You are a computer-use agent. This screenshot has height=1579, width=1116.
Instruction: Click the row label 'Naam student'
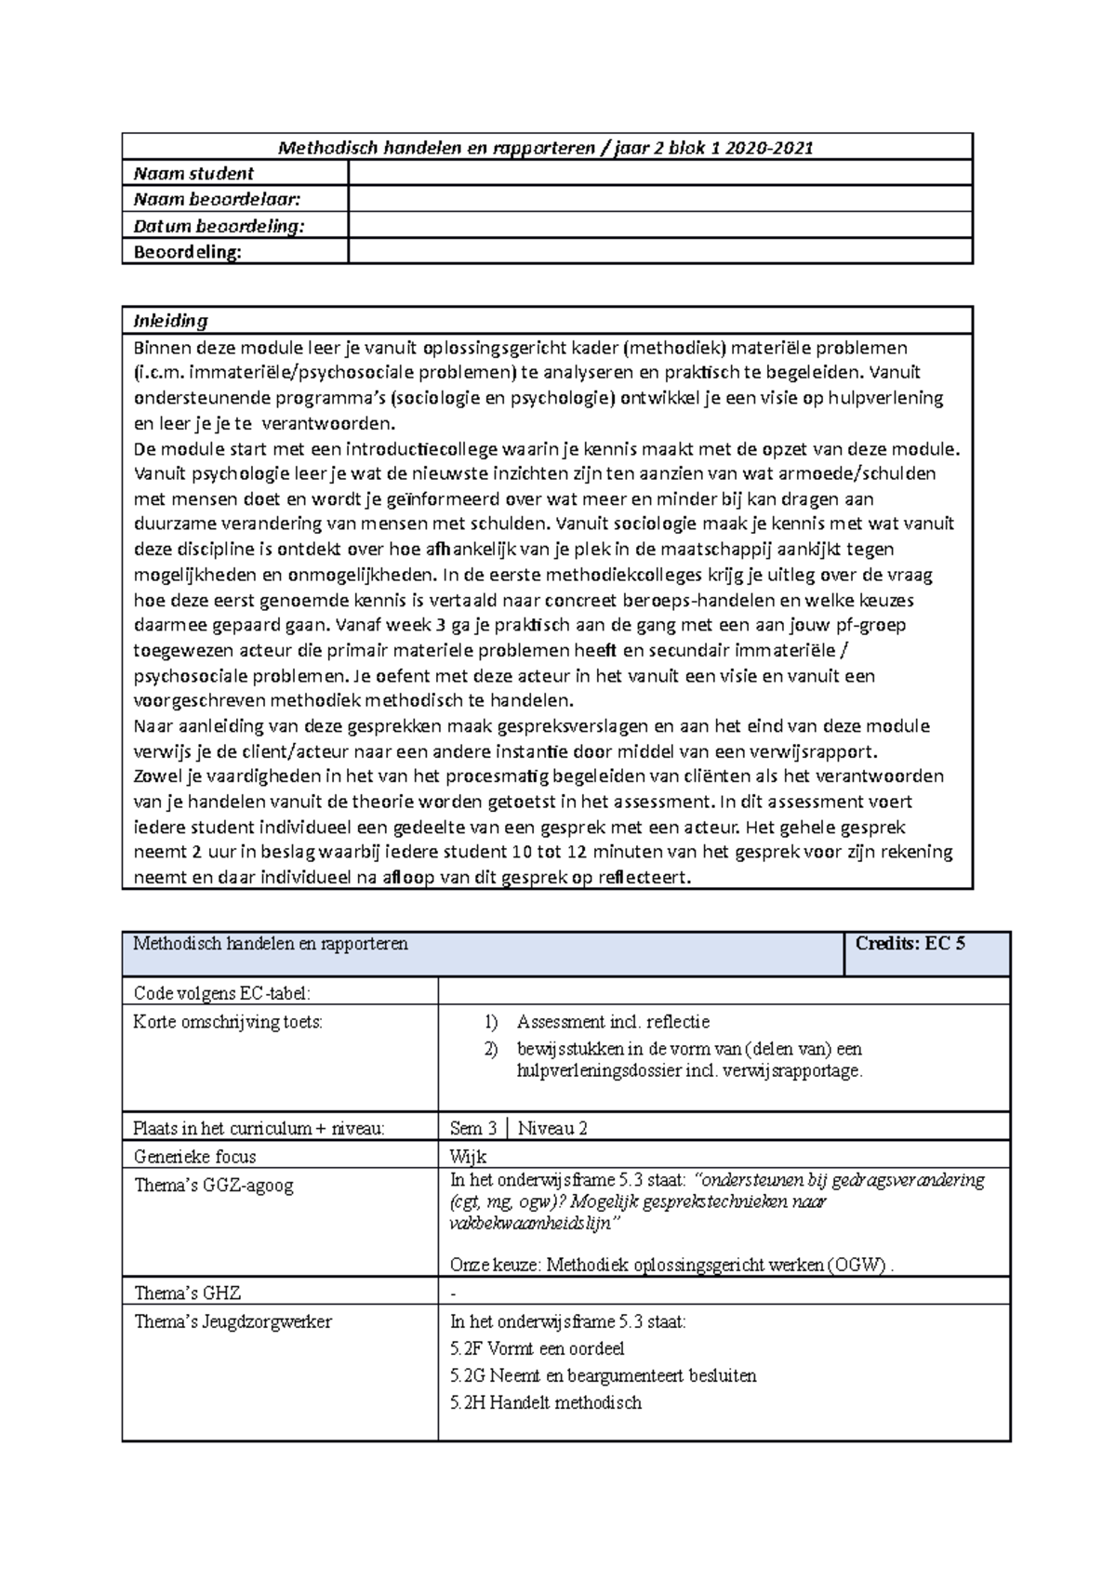point(193,174)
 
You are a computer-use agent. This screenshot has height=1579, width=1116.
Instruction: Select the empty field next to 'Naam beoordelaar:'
point(659,199)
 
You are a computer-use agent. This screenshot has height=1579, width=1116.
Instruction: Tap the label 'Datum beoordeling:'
point(219,226)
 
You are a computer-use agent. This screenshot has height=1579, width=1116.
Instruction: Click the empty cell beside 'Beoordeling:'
point(659,252)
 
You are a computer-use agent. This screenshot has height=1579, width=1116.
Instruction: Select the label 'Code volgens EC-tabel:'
point(221,993)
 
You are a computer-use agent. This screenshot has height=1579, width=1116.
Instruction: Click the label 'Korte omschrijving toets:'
point(228,1022)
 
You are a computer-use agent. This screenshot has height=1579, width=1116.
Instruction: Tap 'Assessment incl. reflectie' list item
point(613,1022)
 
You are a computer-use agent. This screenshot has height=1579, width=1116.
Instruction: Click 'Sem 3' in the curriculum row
point(472,1128)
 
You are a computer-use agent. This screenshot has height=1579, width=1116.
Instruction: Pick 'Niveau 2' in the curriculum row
point(552,1128)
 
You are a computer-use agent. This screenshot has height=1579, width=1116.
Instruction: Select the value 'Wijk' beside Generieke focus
point(468,1157)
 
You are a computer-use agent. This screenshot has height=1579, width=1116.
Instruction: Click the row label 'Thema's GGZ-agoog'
point(213,1186)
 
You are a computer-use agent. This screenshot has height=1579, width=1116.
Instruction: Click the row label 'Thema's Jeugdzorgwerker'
point(232,1321)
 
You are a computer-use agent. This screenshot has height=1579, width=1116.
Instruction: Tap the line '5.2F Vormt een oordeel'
point(537,1348)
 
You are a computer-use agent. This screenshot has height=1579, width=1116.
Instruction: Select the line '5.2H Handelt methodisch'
point(545,1402)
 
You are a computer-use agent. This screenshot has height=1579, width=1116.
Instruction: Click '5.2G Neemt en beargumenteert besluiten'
point(603,1375)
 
